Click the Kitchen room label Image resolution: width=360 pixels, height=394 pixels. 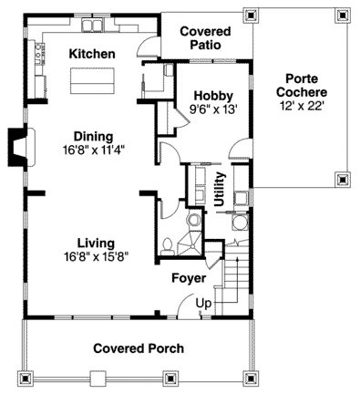click(92, 54)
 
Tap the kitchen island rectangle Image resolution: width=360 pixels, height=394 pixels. click(92, 80)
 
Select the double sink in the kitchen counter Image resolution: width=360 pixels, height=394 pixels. click(92, 25)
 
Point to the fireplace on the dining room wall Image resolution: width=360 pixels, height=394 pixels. click(21, 148)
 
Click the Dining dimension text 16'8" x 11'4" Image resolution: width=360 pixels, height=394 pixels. click(94, 150)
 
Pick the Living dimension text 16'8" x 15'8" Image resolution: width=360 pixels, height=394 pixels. click(96, 257)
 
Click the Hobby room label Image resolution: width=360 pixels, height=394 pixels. click(213, 96)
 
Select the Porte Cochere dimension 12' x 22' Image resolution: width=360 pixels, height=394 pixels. click(302, 106)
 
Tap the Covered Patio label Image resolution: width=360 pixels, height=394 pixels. click(205, 38)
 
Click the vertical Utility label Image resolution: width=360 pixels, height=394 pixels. click(220, 189)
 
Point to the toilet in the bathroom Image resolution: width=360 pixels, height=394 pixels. click(167, 245)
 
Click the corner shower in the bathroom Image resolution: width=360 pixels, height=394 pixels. click(190, 243)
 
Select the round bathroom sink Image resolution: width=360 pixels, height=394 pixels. click(193, 219)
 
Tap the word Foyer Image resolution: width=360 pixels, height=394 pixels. click(189, 278)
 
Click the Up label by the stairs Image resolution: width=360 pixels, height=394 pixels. click(203, 304)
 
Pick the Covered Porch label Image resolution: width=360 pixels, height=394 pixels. click(139, 348)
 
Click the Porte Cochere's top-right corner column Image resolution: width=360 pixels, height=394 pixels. click(343, 15)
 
